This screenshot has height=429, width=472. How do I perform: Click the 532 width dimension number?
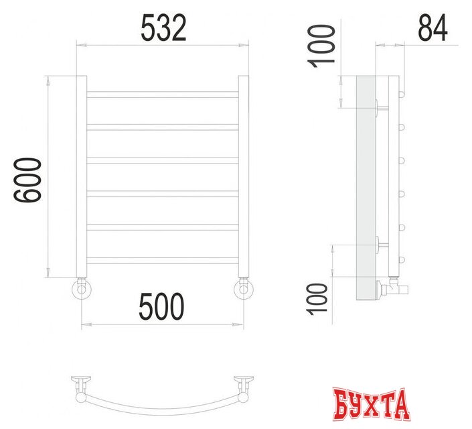[163, 29]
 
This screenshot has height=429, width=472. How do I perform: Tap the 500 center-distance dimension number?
[161, 308]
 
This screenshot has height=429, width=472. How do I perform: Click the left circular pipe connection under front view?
[82, 290]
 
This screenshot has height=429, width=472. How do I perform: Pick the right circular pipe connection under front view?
[244, 290]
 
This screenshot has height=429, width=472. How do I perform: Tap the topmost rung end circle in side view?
[403, 93]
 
